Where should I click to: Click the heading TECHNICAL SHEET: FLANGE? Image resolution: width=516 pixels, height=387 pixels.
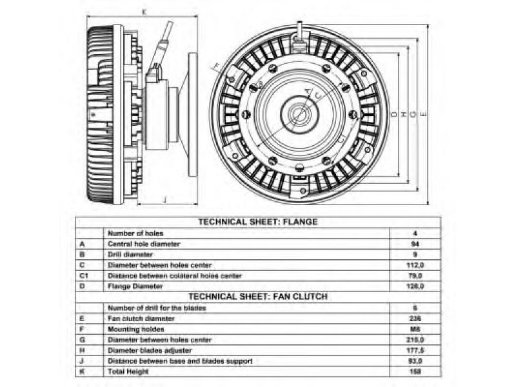point(258,222)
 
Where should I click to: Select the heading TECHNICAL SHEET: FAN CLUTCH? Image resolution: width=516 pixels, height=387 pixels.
point(258,297)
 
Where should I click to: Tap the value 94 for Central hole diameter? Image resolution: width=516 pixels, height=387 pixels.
point(416,244)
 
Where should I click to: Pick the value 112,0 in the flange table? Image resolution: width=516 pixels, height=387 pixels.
point(416,265)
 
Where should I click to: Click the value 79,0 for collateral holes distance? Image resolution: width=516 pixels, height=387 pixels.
point(416,275)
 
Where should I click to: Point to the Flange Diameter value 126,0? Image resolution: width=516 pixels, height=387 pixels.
point(416,286)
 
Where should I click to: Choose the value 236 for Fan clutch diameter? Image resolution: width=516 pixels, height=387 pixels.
point(416,319)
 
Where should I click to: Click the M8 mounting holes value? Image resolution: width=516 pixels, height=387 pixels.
point(416,329)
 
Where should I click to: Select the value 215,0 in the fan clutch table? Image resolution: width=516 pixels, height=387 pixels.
point(416,339)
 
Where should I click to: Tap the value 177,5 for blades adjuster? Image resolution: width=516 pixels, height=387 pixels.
point(416,350)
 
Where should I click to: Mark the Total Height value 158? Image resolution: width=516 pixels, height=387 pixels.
point(416,372)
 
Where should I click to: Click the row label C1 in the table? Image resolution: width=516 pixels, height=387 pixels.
point(83,275)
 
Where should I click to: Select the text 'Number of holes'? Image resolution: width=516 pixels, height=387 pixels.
point(135,233)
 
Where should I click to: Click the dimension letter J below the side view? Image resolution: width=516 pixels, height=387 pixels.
point(165,201)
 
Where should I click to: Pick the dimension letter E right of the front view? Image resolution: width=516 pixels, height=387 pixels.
point(422,114)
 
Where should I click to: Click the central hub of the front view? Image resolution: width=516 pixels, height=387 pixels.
point(299,114)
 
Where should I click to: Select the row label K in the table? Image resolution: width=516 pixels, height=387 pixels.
point(82,372)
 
